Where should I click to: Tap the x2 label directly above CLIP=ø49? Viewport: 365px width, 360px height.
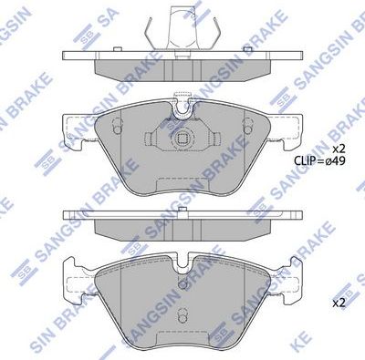pyautogui.click(x=338, y=148)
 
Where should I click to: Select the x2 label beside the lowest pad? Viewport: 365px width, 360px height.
pyautogui.click(x=338, y=302)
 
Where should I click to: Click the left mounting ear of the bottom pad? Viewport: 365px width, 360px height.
pyautogui.click(x=70, y=273)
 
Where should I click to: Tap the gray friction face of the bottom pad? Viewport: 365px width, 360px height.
pyautogui.click(x=182, y=301)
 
